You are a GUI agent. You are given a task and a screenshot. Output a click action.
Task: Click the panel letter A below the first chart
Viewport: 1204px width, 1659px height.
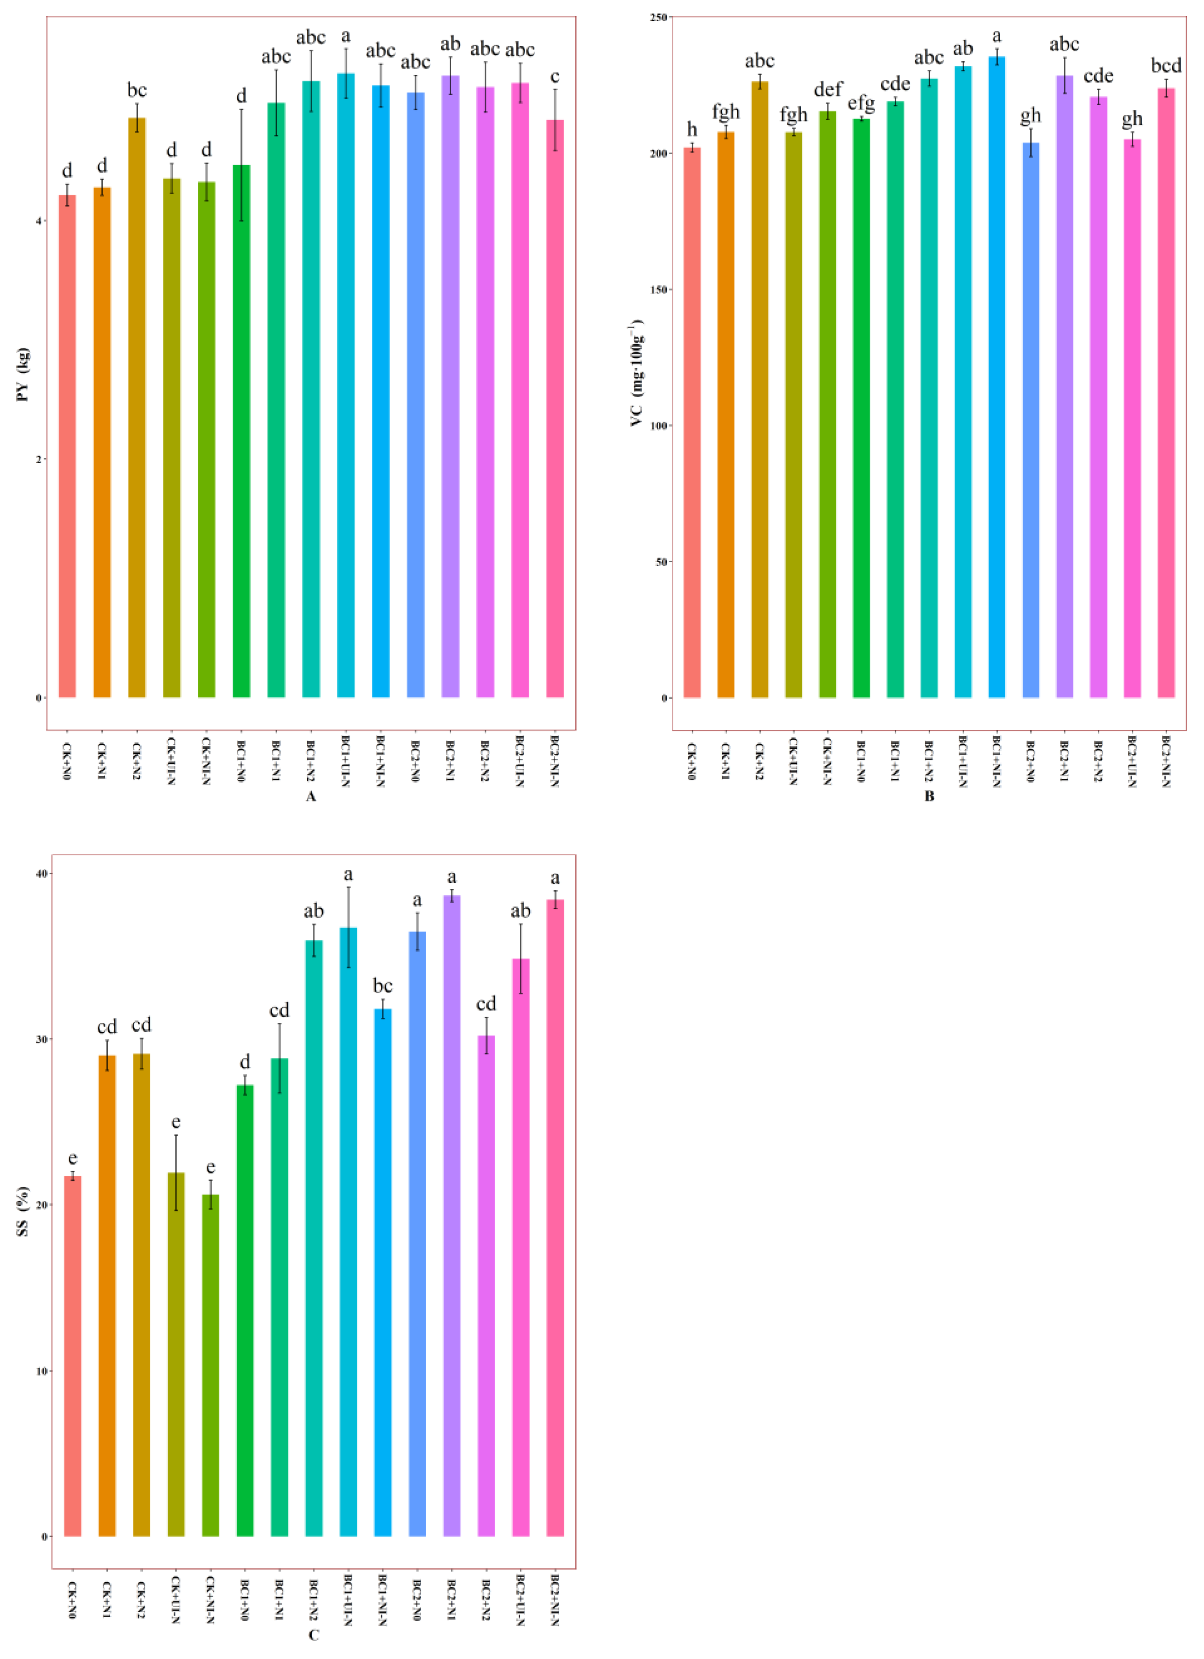[x=311, y=797]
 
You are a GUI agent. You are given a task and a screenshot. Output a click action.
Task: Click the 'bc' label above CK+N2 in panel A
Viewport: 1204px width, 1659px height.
[x=137, y=91]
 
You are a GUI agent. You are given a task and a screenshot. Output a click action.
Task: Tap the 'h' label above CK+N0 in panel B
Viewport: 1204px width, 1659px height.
[x=692, y=130]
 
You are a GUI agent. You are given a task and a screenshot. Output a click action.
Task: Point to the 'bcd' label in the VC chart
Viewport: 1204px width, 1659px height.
[x=1166, y=66]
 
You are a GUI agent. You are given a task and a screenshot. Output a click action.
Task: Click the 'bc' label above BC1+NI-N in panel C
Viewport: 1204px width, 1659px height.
[x=382, y=986]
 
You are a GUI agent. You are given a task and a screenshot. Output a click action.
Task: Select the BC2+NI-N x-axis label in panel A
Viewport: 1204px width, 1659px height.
[x=555, y=761]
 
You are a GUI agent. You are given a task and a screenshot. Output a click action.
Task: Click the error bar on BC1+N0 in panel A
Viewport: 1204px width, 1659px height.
[x=241, y=164]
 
